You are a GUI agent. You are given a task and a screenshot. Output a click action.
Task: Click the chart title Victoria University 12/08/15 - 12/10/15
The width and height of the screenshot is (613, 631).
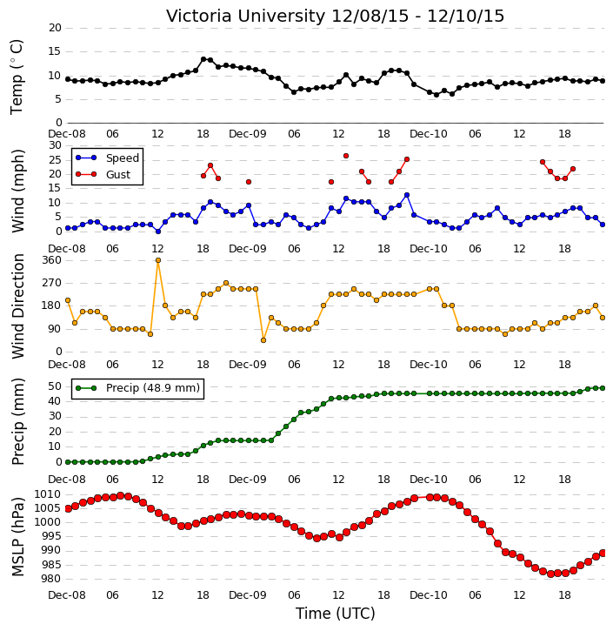(x=335, y=16)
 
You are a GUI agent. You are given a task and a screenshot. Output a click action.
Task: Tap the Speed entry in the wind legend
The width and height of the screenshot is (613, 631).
(x=123, y=158)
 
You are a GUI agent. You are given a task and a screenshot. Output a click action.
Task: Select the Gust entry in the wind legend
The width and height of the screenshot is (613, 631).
(x=118, y=175)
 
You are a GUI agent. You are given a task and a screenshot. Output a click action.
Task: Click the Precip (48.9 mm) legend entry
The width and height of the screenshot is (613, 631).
(x=153, y=388)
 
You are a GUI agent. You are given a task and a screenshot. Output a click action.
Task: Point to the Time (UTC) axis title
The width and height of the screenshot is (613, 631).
(x=336, y=614)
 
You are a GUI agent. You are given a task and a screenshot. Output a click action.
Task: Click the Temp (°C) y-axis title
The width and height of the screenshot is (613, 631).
(x=17, y=77)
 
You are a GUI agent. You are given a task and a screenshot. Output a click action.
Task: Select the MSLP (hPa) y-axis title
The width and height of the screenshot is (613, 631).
(x=17, y=536)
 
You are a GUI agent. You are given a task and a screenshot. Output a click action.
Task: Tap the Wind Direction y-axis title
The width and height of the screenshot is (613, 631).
(x=17, y=306)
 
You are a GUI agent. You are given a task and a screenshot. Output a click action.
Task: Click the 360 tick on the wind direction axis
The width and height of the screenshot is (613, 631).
(x=52, y=260)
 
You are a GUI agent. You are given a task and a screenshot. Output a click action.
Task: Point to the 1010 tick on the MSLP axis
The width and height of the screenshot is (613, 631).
(x=48, y=494)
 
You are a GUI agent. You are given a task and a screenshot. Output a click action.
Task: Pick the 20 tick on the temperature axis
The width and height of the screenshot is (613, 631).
(x=55, y=28)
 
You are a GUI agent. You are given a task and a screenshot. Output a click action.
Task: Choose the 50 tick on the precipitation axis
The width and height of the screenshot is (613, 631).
(x=55, y=386)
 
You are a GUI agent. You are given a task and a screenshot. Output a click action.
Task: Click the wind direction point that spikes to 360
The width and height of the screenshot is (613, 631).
(x=158, y=260)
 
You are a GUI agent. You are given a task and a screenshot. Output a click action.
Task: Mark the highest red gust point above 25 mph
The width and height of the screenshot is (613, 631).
(x=346, y=156)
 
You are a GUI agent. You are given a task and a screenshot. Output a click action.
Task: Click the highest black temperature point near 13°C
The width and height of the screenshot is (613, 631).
(x=203, y=59)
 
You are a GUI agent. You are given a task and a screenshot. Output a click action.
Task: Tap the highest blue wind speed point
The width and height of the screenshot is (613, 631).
(x=407, y=195)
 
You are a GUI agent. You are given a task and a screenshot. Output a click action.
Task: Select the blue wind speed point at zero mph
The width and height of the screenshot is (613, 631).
(x=158, y=232)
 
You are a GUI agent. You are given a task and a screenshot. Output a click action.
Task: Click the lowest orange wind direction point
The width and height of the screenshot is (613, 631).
(x=263, y=340)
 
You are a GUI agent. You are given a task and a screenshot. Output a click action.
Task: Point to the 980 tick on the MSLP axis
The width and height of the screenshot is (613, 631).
(x=53, y=579)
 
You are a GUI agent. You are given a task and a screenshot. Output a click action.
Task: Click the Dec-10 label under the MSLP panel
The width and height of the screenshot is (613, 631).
(x=429, y=594)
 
